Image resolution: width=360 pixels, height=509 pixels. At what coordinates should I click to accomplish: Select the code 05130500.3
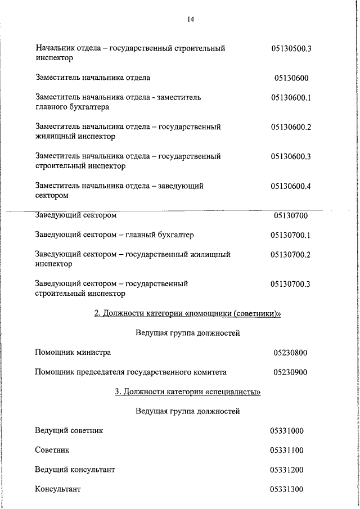pos(291,48)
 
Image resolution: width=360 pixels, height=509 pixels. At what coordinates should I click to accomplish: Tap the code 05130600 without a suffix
pos(291,78)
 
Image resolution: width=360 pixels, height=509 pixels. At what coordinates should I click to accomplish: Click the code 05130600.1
pos(291,97)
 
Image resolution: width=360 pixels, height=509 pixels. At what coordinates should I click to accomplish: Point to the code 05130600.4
pos(291,186)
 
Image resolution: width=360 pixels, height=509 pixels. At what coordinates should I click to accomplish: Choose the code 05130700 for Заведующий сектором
pos(291,215)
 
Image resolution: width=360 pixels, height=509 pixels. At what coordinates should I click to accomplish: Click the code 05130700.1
pos(291,235)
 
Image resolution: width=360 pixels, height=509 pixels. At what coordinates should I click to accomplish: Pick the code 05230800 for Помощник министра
pos(291,353)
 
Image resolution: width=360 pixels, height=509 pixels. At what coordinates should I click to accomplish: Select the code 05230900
pos(291,372)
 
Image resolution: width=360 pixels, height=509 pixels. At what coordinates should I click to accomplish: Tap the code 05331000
pos(287,431)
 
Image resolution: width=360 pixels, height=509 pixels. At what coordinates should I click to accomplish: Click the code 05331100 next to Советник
pos(287,450)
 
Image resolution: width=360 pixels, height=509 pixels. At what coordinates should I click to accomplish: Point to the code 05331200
pos(287,470)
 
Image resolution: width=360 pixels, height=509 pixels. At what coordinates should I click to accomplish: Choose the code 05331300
pos(287,489)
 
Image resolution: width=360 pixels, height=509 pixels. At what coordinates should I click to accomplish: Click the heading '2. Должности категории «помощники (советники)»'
pos(187,313)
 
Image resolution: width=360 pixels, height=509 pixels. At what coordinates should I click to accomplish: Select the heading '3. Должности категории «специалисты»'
pos(187,391)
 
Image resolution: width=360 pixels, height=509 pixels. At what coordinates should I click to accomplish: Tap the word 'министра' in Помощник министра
pos(93,353)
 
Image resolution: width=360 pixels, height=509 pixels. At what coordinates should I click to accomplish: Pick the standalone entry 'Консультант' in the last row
pos(58,489)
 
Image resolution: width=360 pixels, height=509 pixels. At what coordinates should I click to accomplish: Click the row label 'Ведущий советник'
pos(69,431)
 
